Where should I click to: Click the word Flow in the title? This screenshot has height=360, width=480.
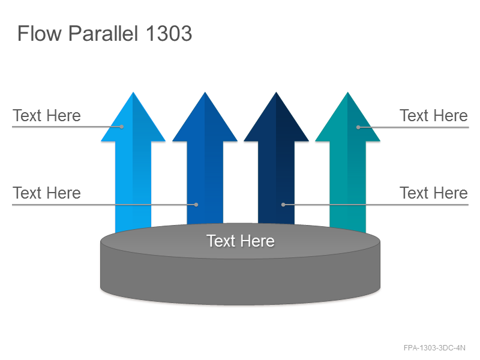coord(40,33)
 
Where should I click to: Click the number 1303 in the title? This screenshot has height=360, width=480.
coord(169,33)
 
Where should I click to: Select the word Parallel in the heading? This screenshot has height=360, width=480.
coord(103,33)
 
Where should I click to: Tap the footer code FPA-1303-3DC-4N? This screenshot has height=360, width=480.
coord(434,348)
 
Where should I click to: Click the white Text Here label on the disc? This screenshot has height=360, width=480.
coord(241,241)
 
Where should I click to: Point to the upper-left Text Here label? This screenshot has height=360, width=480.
coord(47,115)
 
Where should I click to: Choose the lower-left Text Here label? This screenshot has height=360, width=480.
coord(47,193)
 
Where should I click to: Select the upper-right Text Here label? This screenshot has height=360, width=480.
coord(433,115)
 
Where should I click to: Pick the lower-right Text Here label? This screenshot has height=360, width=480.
coord(433,193)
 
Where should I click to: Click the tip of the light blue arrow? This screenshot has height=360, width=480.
coord(133,92)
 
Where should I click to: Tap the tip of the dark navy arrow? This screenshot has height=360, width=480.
coord(276,92)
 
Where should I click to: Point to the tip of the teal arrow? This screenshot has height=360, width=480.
coord(348,92)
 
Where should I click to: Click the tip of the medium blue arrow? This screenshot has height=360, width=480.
coord(205,92)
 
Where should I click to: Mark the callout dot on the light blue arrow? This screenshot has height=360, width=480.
coord(122,127)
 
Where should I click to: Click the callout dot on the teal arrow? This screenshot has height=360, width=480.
coord(358,127)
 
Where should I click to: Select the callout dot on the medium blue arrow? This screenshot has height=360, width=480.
coord(196,205)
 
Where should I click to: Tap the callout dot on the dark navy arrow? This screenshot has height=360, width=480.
coord(283,205)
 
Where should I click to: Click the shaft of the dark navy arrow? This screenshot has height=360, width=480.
coord(276,182)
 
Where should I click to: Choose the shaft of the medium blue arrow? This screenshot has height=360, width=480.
coord(205,182)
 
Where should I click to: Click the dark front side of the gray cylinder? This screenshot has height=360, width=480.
coord(241,278)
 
